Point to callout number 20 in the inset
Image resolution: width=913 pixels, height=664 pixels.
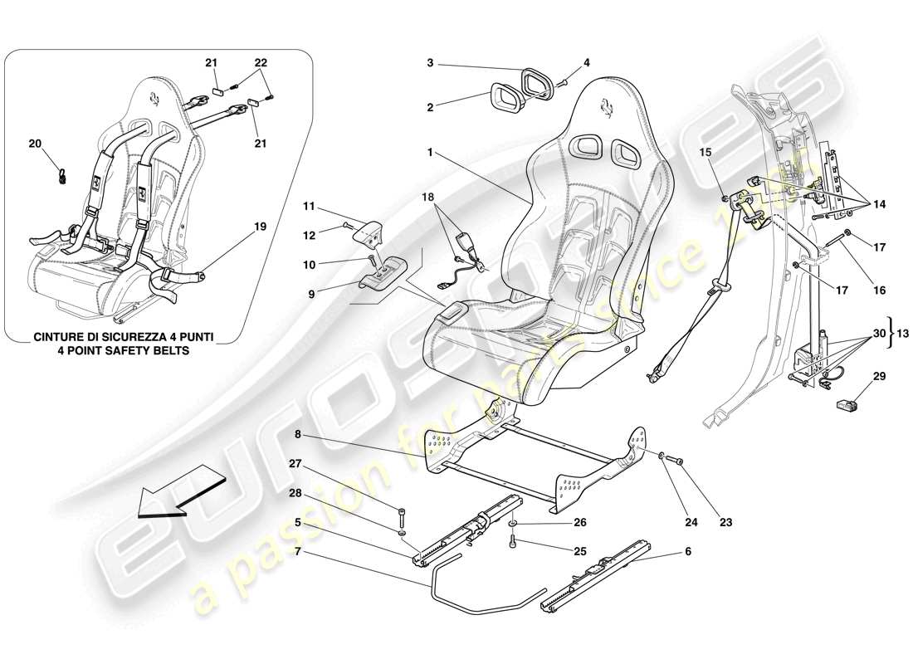[x=36, y=144]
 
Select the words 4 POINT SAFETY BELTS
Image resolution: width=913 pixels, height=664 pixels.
[x=124, y=350]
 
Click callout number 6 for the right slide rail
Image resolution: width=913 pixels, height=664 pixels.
[x=688, y=551]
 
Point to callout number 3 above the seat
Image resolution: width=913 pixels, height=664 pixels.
[x=431, y=62]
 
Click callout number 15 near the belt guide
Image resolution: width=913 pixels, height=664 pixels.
[x=705, y=153]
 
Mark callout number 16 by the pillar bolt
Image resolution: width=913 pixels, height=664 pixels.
[x=880, y=290]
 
